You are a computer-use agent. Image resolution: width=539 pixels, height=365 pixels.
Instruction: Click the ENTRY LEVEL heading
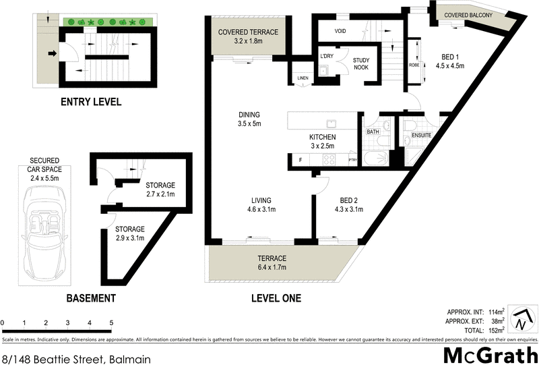point(91,103)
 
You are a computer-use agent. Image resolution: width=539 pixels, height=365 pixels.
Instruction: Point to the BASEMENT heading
point(91,298)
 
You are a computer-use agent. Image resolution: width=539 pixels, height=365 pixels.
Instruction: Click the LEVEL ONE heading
point(276,298)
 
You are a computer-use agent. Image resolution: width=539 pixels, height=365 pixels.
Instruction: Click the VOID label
point(341,31)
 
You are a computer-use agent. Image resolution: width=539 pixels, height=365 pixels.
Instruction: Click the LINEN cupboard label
point(303,79)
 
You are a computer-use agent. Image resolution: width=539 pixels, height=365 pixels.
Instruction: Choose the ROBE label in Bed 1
point(414,65)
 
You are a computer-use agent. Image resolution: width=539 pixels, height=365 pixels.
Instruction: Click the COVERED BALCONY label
point(469,16)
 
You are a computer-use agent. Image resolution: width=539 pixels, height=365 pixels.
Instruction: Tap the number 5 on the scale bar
point(110,322)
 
